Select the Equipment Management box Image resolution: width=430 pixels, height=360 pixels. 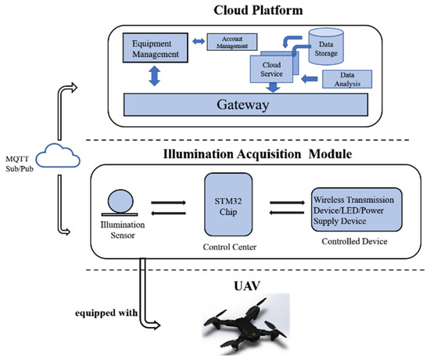155,49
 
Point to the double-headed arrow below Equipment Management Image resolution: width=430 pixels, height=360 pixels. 154,77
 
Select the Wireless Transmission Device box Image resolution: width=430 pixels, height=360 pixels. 357,207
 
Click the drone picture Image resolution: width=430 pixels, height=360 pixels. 242,321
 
